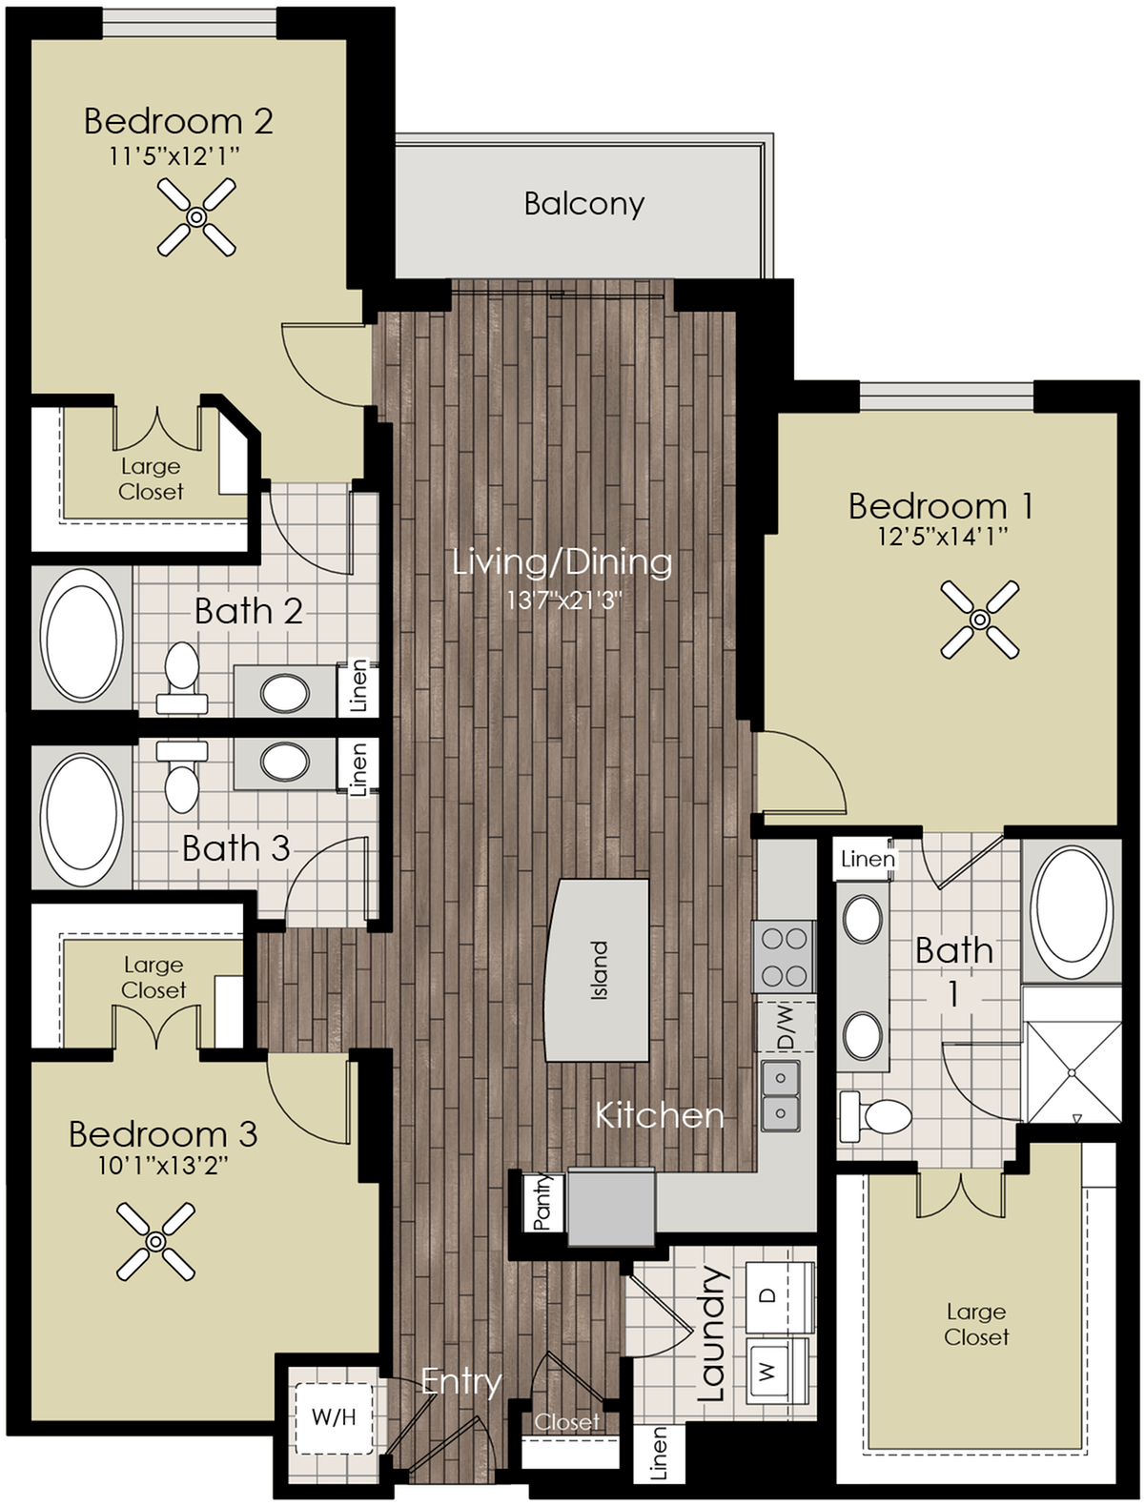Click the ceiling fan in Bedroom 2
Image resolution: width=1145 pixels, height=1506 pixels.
tap(195, 218)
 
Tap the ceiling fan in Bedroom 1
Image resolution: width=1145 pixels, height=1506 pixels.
tap(979, 621)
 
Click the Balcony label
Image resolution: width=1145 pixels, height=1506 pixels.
tap(583, 203)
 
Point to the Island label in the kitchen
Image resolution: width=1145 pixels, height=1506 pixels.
tap(599, 970)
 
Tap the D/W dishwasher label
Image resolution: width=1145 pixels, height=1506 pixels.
tap(786, 1025)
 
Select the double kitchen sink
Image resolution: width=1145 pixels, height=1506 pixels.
tap(781, 1095)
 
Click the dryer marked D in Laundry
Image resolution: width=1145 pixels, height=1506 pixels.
tap(777, 1295)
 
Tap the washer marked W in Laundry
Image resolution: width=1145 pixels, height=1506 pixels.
tap(777, 1370)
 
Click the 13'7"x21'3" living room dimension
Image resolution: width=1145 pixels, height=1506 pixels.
tap(562, 600)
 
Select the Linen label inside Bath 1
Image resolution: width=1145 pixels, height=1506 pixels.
tap(868, 859)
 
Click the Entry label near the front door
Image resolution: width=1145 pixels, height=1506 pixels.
tap(461, 1380)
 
